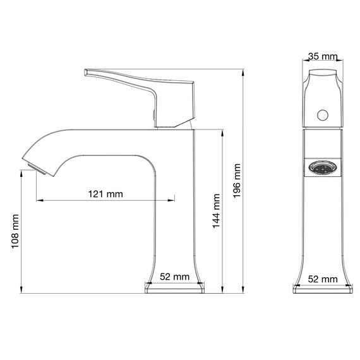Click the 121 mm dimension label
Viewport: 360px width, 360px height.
pos(105,193)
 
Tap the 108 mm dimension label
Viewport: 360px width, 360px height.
pos(16,232)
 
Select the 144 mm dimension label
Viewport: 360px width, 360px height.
pos(216,211)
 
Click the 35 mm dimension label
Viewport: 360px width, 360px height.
pos(323,57)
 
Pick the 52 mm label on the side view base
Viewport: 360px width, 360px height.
pos(174,276)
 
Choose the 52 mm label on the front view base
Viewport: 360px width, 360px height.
pos(322,278)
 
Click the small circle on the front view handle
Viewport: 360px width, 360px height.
pos(323,116)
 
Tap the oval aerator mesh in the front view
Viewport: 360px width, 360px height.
pos(323,169)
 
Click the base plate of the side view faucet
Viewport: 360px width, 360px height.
pos(175,288)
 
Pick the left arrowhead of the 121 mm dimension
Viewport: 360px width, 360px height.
pos(39,201)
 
